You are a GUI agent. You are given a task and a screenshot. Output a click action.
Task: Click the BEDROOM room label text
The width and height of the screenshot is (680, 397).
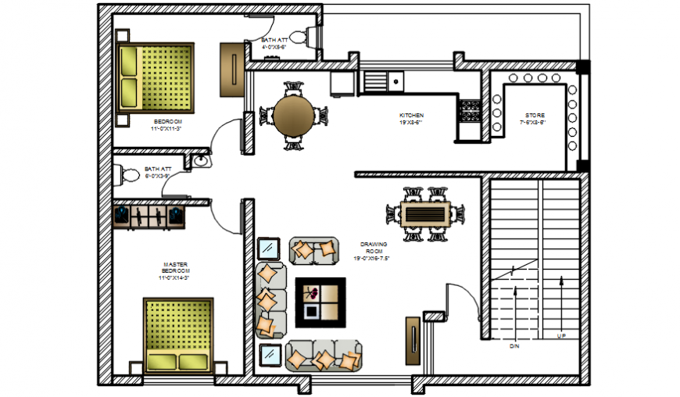tap(167, 121)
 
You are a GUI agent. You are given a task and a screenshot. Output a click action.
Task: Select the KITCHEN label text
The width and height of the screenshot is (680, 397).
tap(411, 115)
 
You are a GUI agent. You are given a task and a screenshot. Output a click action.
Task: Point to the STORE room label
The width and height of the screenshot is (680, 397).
tap(535, 115)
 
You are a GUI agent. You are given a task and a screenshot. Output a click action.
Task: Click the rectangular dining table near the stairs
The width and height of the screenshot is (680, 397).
tap(425, 213)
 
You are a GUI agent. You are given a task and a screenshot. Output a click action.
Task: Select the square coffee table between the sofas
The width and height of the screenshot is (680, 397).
tap(320, 302)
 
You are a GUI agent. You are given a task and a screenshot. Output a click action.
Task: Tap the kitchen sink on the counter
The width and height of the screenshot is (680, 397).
tap(383, 80)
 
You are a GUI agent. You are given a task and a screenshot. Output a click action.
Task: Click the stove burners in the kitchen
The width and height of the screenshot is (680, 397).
tap(470, 111)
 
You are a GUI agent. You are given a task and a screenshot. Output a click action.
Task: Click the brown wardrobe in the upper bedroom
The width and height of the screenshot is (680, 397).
tap(231, 70)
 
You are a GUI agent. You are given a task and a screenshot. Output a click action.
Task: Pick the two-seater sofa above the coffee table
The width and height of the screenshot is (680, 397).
tap(314, 250)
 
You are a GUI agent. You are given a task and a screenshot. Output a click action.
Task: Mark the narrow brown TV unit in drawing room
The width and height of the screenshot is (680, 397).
tap(411, 341)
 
